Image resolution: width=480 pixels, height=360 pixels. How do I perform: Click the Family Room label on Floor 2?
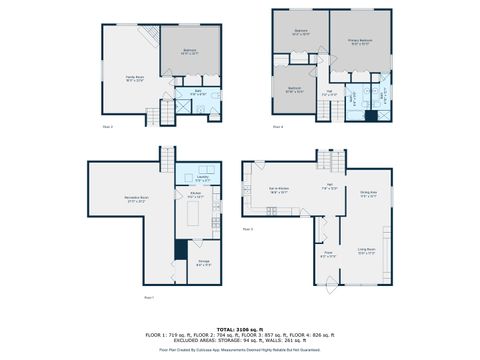134,78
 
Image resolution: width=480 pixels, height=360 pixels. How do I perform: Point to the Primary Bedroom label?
359,42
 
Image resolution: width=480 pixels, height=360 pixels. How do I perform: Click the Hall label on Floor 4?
329,93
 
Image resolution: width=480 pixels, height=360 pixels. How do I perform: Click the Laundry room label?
201,180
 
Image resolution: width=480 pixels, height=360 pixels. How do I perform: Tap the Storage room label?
203,263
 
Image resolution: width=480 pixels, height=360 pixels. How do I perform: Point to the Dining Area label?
368,194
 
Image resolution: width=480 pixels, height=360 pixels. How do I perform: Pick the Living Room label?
366,251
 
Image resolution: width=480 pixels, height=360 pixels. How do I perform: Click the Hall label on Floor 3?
327,188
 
